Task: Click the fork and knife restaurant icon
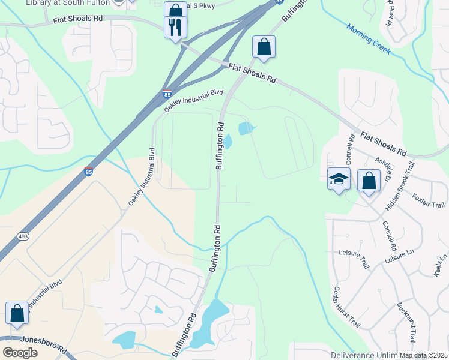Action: tap(175, 27)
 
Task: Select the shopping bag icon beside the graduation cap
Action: tap(369, 181)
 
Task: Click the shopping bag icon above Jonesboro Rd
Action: tap(17, 313)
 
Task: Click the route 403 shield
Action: tap(23, 236)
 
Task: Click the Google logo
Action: tap(20, 353)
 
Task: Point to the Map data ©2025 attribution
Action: tap(423, 356)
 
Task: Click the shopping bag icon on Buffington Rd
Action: tap(264, 46)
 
